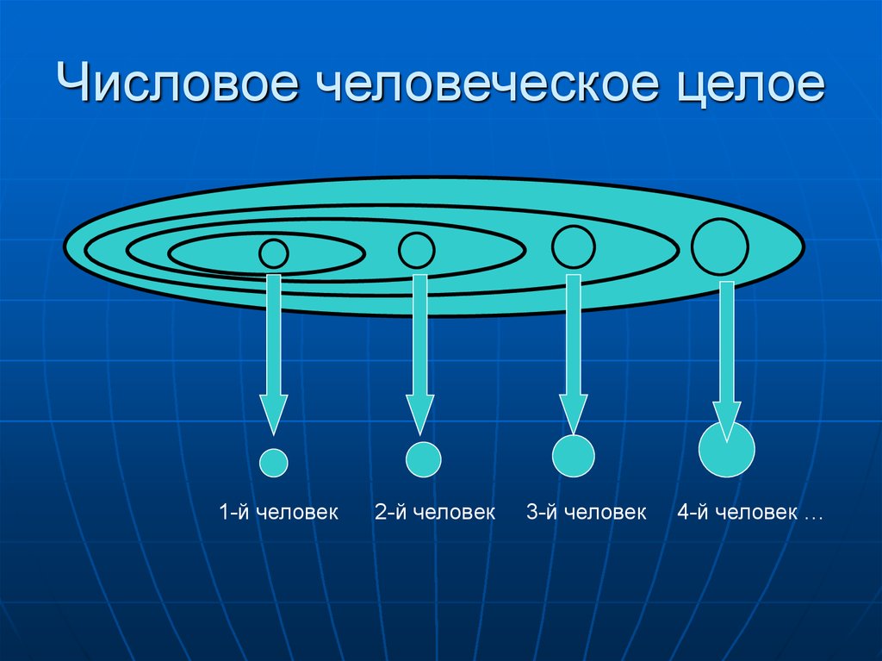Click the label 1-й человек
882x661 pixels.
[277, 513]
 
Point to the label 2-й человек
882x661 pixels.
[434, 513]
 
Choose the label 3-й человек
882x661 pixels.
[587, 513]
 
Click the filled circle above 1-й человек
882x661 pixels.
[274, 462]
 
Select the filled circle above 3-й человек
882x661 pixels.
[574, 454]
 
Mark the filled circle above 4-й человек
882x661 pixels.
[727, 450]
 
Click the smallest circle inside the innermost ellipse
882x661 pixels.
[274, 253]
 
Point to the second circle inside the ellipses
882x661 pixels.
[417, 250]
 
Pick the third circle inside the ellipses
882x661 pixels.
[573, 246]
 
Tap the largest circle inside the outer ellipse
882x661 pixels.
[719, 246]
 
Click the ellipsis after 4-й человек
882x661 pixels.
[813, 514]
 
